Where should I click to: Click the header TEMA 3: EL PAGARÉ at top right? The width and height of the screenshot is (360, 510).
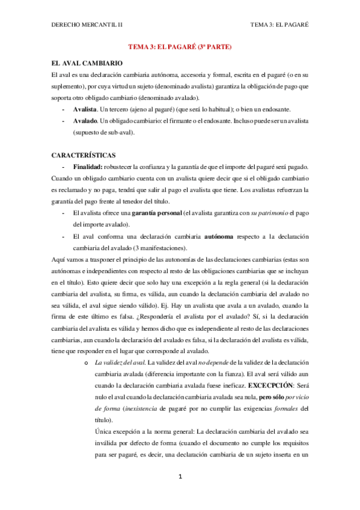(x=283, y=25)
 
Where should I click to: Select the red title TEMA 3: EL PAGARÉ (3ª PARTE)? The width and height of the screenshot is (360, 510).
(x=180, y=46)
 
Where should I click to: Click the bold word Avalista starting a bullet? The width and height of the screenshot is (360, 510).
(x=87, y=109)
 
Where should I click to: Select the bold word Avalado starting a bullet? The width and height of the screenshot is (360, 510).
(x=85, y=121)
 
